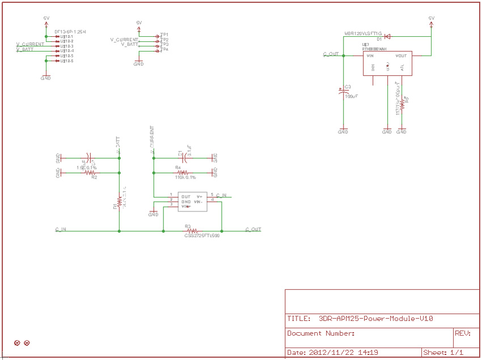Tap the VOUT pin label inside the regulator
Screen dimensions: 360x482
(401, 56)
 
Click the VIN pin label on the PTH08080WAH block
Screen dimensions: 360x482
(370, 56)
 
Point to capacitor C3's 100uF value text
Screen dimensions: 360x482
(352, 97)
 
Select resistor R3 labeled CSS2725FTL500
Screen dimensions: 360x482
(192, 231)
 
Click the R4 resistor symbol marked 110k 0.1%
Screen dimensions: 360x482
(182, 172)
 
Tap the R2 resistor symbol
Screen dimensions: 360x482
(90, 172)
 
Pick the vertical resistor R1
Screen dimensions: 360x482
(119, 201)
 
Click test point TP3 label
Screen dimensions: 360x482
(164, 44)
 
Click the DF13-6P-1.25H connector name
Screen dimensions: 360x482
(70, 31)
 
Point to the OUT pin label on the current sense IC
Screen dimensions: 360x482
(185, 196)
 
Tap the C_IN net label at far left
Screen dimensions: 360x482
(61, 229)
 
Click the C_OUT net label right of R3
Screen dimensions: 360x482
(253, 229)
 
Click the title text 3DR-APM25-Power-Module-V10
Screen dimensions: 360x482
(376, 319)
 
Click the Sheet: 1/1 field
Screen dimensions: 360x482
(443, 352)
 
